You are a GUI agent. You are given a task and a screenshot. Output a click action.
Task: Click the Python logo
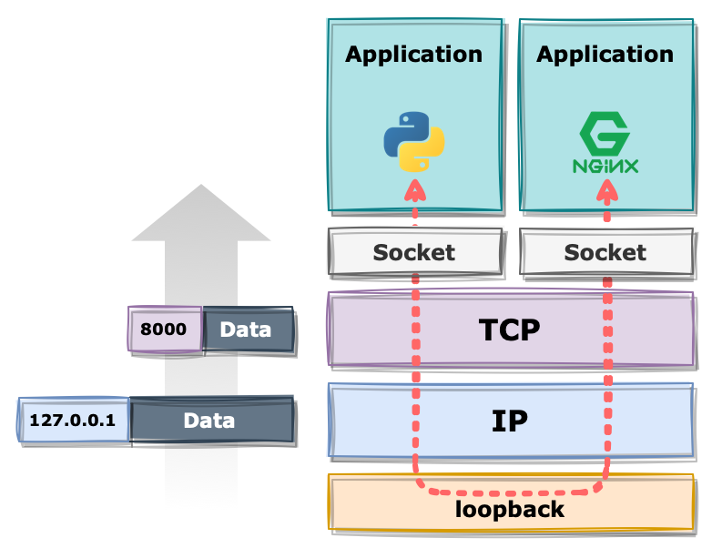tap(414, 142)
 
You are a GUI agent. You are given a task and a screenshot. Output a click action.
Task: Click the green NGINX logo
tap(605, 143)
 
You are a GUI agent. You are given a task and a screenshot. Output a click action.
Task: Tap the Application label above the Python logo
tap(413, 55)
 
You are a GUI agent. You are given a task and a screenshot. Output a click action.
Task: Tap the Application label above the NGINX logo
tap(605, 55)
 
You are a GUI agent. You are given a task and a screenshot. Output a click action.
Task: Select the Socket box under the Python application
tap(415, 252)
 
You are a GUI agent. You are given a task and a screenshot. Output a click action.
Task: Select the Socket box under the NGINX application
tap(606, 252)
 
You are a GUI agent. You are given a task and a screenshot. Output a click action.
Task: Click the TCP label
tap(510, 330)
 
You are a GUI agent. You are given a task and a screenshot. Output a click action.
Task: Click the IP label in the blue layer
tap(510, 421)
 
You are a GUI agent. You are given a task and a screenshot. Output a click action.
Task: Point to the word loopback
tap(510, 509)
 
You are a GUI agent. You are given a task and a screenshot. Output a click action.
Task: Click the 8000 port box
tap(165, 330)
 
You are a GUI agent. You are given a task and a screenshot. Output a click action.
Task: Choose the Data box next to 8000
tap(249, 330)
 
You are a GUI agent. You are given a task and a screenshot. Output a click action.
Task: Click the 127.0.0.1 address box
tap(74, 421)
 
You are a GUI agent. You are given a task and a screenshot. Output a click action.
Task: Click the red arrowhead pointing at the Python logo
tap(415, 190)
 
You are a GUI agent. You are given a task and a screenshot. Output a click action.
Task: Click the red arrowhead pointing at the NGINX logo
tap(607, 190)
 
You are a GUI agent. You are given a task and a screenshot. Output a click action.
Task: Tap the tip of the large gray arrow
tap(201, 184)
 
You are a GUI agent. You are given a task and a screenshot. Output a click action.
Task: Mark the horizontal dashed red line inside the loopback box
tap(511, 492)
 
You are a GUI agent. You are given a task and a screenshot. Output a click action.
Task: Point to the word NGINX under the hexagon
tap(605, 167)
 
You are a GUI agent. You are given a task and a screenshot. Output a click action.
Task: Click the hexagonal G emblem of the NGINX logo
tap(605, 134)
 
